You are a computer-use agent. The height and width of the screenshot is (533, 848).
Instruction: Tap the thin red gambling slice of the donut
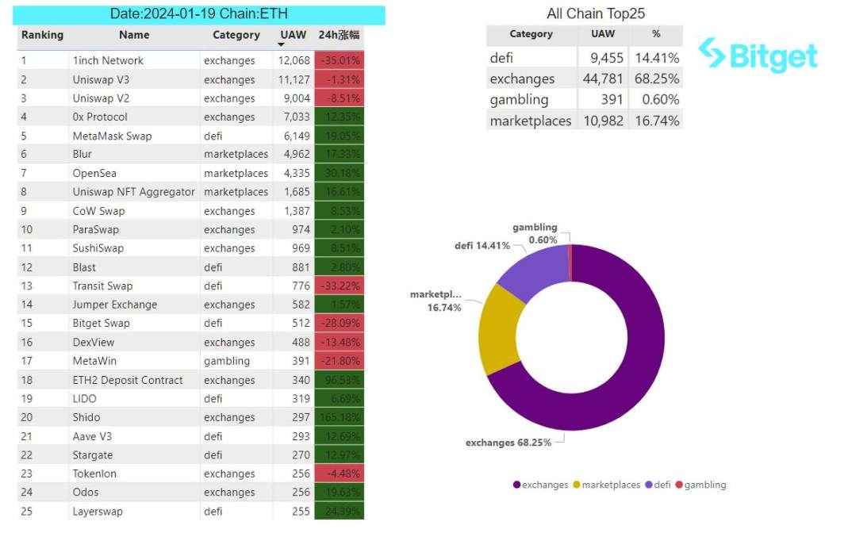[570, 263]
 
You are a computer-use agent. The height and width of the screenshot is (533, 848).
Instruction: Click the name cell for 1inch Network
[108, 60]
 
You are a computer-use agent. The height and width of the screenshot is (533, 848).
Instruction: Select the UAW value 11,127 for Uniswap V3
[294, 79]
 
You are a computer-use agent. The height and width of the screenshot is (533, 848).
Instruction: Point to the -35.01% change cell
[339, 60]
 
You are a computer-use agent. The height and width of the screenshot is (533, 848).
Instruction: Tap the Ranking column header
[42, 35]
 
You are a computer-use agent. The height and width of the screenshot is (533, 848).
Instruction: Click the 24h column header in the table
[339, 35]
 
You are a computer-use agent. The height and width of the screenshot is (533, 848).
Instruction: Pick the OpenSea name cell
[94, 173]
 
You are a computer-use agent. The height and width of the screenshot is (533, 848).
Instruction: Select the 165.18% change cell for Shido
[339, 417]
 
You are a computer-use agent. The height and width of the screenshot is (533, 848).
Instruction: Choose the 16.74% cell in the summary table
[656, 121]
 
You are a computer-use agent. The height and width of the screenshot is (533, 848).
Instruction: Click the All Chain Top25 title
[596, 13]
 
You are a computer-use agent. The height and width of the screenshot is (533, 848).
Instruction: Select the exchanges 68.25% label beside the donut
[508, 442]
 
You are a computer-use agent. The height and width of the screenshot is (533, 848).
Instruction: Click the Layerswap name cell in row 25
[98, 512]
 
